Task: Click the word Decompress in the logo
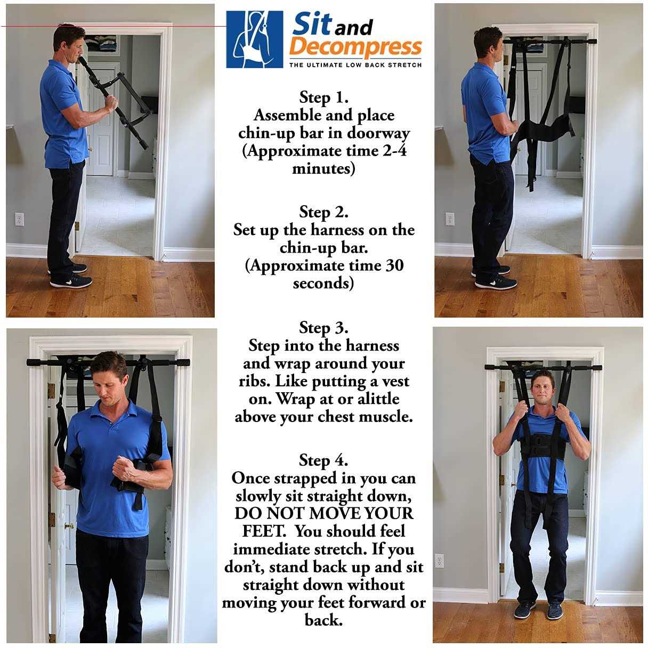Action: click(x=357, y=47)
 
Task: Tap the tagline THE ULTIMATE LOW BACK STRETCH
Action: click(x=355, y=65)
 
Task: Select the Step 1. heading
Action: click(x=323, y=98)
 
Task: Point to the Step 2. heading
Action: click(x=323, y=212)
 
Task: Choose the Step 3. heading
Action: click(x=323, y=327)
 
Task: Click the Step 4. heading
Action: click(x=323, y=460)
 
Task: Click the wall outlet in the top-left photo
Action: click(x=19, y=219)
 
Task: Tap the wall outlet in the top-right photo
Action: click(x=450, y=219)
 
